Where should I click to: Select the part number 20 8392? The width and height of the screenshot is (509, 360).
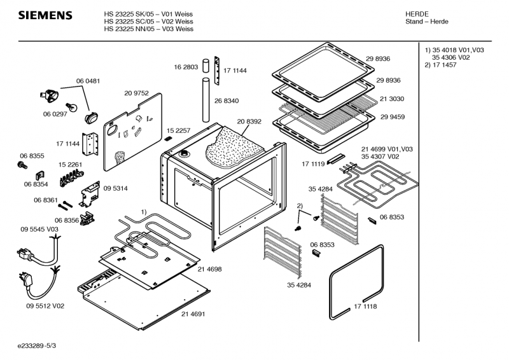click(250, 121)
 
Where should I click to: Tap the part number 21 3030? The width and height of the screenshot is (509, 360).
click(393, 99)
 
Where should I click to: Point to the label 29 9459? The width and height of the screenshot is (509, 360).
click(393, 118)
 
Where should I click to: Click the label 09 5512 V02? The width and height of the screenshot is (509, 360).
click(45, 306)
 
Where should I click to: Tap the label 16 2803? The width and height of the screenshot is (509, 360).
click(186, 67)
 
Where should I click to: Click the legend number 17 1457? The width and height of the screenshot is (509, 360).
click(449, 66)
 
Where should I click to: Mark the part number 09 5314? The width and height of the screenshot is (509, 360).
click(115, 188)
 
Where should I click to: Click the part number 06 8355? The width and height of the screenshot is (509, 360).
click(32, 156)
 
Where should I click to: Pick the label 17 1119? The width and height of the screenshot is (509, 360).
click(314, 164)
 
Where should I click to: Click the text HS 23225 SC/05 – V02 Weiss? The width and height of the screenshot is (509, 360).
click(148, 21)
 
